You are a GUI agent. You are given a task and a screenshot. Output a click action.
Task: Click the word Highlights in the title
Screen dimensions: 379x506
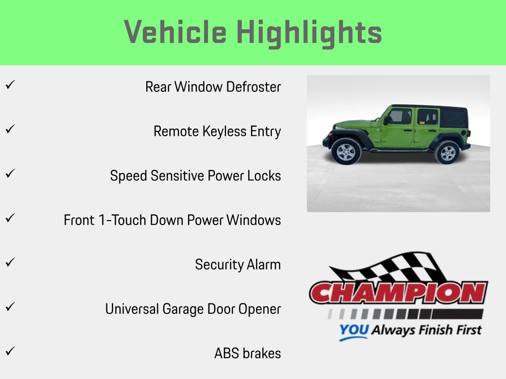(309, 33)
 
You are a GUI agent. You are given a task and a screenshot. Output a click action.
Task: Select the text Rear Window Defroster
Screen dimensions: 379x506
(213, 87)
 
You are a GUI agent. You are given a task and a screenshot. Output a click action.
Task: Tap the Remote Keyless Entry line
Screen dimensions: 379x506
(217, 132)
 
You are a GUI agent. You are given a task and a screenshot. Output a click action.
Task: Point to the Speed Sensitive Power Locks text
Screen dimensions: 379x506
(195, 176)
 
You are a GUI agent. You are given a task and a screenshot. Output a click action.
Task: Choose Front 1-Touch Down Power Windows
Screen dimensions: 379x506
(172, 220)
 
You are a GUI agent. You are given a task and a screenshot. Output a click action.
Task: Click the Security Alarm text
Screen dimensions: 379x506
(238, 265)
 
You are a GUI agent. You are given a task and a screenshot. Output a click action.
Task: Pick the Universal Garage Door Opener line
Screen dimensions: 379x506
(193, 309)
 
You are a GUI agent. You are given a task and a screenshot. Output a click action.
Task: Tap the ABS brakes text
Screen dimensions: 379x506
(248, 353)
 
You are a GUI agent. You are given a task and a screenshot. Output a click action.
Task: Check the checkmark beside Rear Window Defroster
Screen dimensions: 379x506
(9, 84)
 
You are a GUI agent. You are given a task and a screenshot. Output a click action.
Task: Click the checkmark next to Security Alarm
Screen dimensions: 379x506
(9, 262)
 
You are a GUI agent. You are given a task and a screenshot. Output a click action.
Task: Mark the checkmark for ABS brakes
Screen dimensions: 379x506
(9, 351)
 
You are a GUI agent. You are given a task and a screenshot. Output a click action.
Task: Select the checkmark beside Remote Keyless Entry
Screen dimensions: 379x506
(9, 129)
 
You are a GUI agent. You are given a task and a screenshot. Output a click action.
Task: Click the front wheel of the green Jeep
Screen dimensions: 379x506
(345, 151)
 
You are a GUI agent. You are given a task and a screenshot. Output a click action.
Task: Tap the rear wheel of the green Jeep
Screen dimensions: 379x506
(447, 152)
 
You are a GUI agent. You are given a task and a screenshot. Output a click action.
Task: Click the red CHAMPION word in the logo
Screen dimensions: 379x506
(398, 293)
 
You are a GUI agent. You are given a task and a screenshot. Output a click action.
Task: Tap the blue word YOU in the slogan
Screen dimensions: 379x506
(353, 331)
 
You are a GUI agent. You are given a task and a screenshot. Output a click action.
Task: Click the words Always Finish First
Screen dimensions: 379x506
(426, 330)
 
